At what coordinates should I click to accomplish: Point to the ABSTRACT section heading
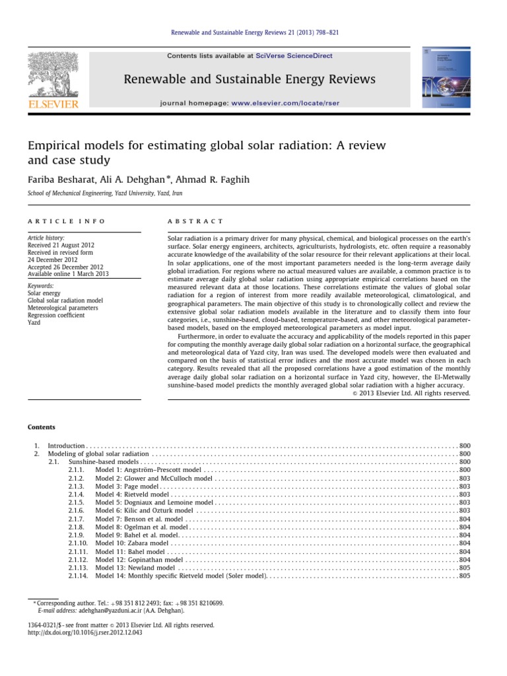[x=197, y=221]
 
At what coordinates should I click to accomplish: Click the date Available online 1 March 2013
[x=69, y=274]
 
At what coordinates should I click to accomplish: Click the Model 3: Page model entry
[x=126, y=486]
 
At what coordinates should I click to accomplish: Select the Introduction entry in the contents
[x=67, y=446]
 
